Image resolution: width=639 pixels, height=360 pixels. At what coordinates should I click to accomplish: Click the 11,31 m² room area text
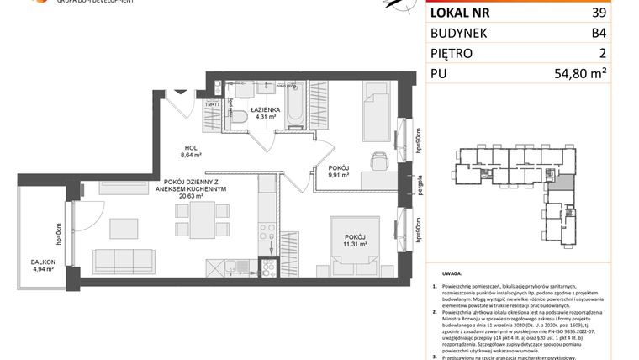pos(353,246)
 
